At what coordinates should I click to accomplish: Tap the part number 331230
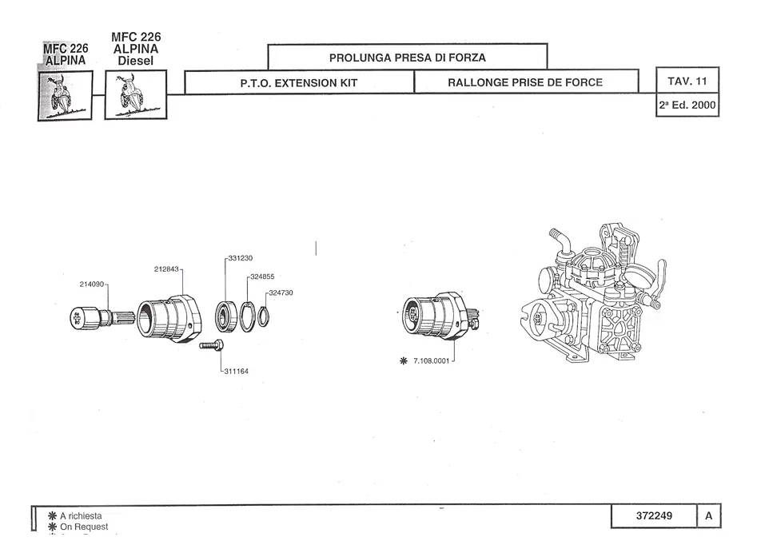pyautogui.click(x=241, y=258)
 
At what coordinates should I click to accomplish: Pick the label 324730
pyautogui.click(x=282, y=292)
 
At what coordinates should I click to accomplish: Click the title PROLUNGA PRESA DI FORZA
pyautogui.click(x=407, y=58)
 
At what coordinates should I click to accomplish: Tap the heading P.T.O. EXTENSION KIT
pyautogui.click(x=298, y=82)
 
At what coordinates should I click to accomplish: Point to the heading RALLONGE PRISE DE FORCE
pyautogui.click(x=525, y=82)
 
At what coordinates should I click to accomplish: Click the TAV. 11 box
pyautogui.click(x=687, y=82)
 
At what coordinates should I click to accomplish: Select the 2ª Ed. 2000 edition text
pyautogui.click(x=687, y=105)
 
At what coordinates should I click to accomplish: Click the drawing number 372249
pyautogui.click(x=654, y=516)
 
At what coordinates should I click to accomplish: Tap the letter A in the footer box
pyautogui.click(x=708, y=516)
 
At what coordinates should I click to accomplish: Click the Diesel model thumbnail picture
pyautogui.click(x=135, y=95)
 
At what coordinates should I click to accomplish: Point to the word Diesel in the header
pyautogui.click(x=135, y=61)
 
